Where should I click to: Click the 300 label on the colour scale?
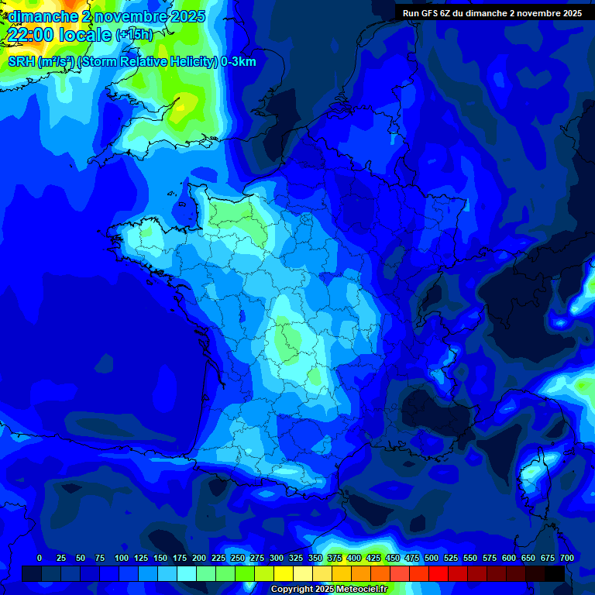[x=277, y=558]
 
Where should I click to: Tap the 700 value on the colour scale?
[x=566, y=558]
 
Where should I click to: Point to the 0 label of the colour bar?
[x=40, y=558]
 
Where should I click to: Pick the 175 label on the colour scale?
[x=180, y=558]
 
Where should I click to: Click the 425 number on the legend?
[x=373, y=558]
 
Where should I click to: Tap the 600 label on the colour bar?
[x=509, y=558]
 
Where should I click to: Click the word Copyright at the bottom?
[x=291, y=590]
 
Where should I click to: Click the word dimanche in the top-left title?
[x=42, y=16]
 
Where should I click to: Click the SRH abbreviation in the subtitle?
[x=21, y=62]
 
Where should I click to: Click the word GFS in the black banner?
[x=431, y=13]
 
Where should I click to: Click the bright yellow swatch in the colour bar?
[x=284, y=573]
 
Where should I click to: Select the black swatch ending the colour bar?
[x=554, y=573]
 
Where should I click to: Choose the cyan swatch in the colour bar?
[x=187, y=573]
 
